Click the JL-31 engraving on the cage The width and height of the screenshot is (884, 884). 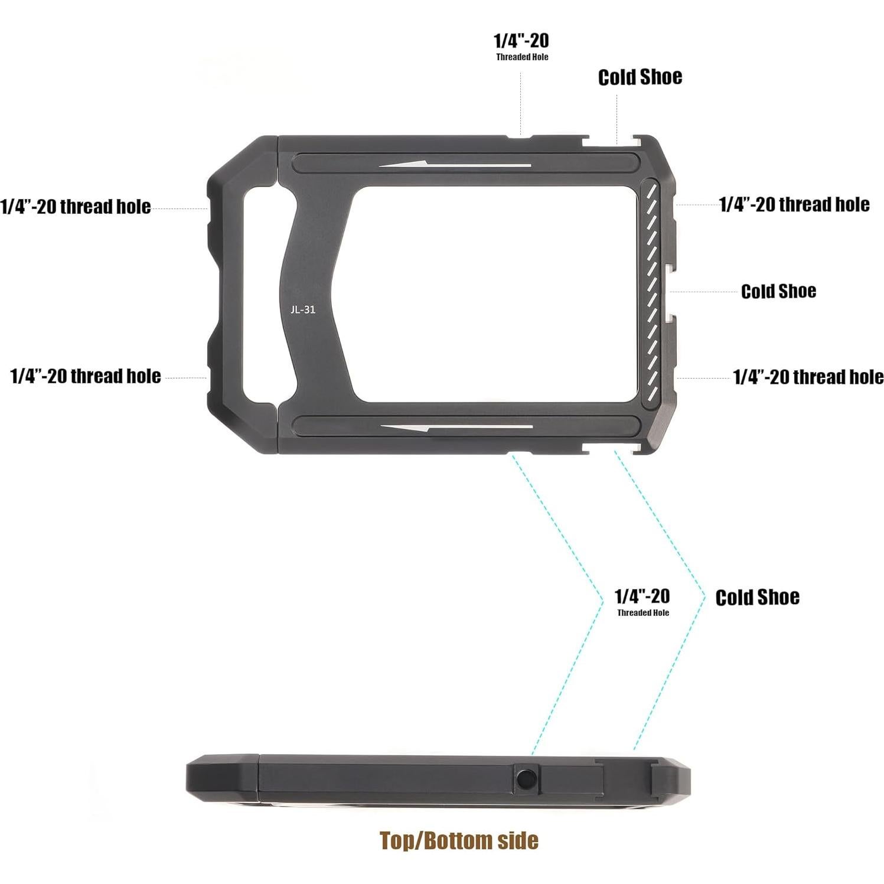[302, 309]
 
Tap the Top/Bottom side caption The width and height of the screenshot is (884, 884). [459, 840]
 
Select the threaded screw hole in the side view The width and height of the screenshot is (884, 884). [526, 779]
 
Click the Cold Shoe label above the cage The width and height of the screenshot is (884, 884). [640, 77]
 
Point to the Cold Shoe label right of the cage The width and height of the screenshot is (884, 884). [778, 291]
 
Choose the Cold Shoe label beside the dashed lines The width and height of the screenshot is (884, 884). [757, 597]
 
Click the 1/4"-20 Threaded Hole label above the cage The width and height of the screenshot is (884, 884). [521, 46]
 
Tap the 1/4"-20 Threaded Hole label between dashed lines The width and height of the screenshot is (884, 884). [642, 601]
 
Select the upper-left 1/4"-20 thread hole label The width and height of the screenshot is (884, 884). [76, 207]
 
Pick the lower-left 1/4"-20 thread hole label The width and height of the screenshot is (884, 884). [86, 376]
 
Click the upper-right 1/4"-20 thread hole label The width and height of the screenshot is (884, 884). [794, 204]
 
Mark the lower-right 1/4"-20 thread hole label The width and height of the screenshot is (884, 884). [808, 377]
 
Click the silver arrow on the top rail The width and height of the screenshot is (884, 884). [455, 165]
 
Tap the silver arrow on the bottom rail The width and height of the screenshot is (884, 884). [456, 427]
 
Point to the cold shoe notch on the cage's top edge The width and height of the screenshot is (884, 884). [612, 142]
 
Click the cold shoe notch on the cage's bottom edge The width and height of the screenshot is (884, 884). [612, 448]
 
